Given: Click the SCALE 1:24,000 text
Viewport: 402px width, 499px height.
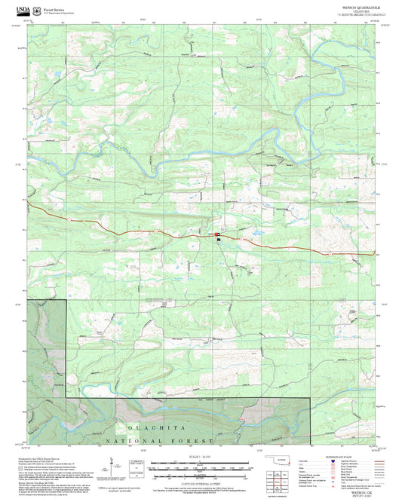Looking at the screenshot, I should (x=201, y=457).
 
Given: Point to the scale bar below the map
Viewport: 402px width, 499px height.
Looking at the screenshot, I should (x=201, y=465).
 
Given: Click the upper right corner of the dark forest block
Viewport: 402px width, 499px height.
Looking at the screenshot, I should (x=66, y=299).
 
